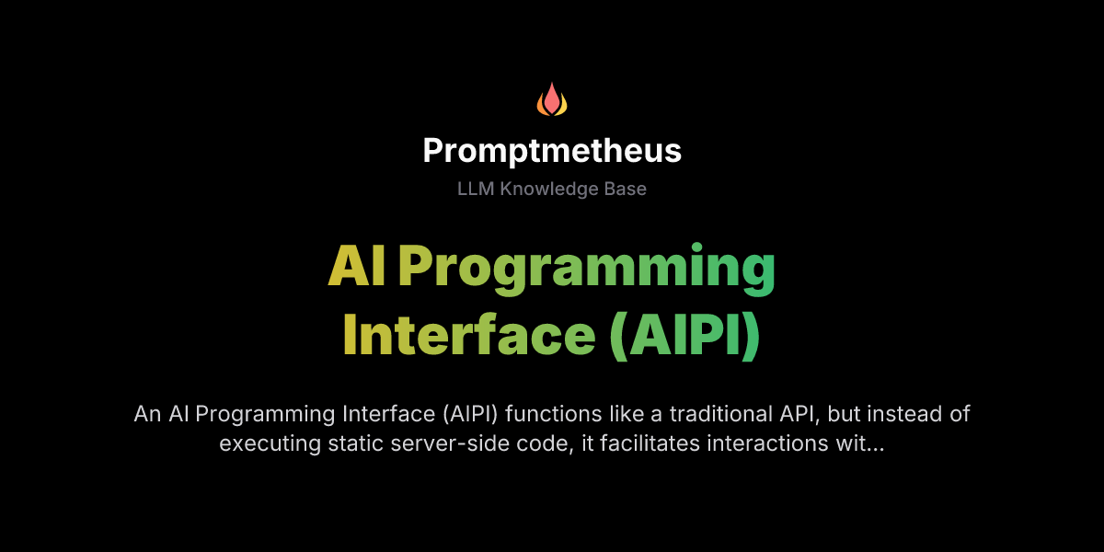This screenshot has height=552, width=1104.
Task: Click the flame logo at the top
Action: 552,99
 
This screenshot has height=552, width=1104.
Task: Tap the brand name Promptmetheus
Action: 552,151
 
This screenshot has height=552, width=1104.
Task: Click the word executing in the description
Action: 264,443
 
